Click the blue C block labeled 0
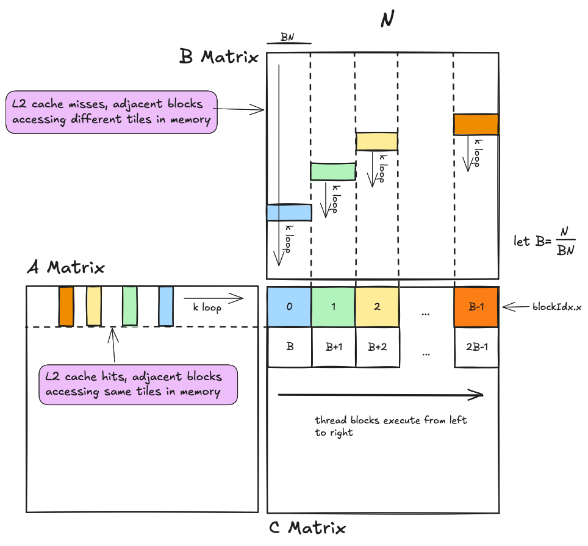point(289,307)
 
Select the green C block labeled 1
point(333,307)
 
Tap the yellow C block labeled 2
point(377,307)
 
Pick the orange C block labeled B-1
point(476,307)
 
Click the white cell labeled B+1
point(333,347)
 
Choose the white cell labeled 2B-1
point(476,347)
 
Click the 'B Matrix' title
point(218,57)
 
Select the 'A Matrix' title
point(65,267)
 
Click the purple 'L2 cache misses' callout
point(112,112)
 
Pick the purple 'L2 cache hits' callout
point(138,384)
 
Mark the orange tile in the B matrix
point(476,124)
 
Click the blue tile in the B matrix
point(289,212)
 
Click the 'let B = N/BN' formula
point(545,240)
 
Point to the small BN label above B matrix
point(289,37)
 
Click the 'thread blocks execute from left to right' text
point(390,426)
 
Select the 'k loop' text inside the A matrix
point(207,307)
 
